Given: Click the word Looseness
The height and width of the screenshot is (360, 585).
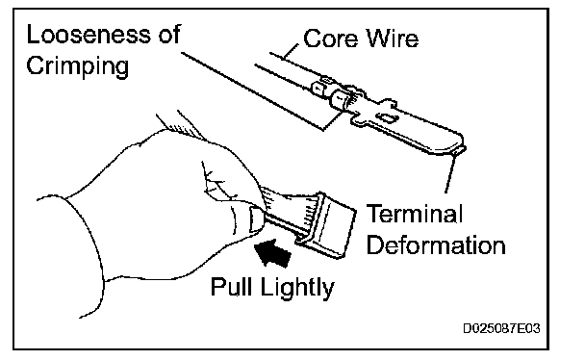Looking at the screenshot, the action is pyautogui.click(x=89, y=35).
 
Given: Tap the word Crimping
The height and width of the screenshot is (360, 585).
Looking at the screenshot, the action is pyautogui.click(x=78, y=66).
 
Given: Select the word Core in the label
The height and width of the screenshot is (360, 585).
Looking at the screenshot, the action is pyautogui.click(x=331, y=39).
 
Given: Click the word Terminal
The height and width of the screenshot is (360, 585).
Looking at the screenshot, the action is pyautogui.click(x=415, y=214).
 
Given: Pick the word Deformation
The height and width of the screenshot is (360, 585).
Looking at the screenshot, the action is pyautogui.click(x=436, y=245).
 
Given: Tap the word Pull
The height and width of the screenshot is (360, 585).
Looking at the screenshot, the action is pyautogui.click(x=231, y=287).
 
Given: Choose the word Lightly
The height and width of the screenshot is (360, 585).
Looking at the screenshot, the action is pyautogui.click(x=297, y=288).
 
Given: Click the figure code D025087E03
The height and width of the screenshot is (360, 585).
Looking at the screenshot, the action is pyautogui.click(x=501, y=328).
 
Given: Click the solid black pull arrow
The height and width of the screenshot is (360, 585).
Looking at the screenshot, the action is pyautogui.click(x=272, y=252).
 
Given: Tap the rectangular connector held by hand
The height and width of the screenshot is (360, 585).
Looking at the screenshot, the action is pyautogui.click(x=326, y=226).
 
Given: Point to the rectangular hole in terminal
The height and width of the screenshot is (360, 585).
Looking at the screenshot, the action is pyautogui.click(x=387, y=118).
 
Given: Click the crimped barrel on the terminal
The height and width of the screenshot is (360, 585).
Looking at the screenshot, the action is pyautogui.click(x=342, y=99).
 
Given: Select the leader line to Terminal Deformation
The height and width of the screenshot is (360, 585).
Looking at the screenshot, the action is pyautogui.click(x=450, y=173).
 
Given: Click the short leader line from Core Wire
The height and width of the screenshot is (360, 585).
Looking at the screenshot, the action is pyautogui.click(x=291, y=51).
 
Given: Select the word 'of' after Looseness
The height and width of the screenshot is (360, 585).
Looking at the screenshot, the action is pyautogui.click(x=169, y=35).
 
